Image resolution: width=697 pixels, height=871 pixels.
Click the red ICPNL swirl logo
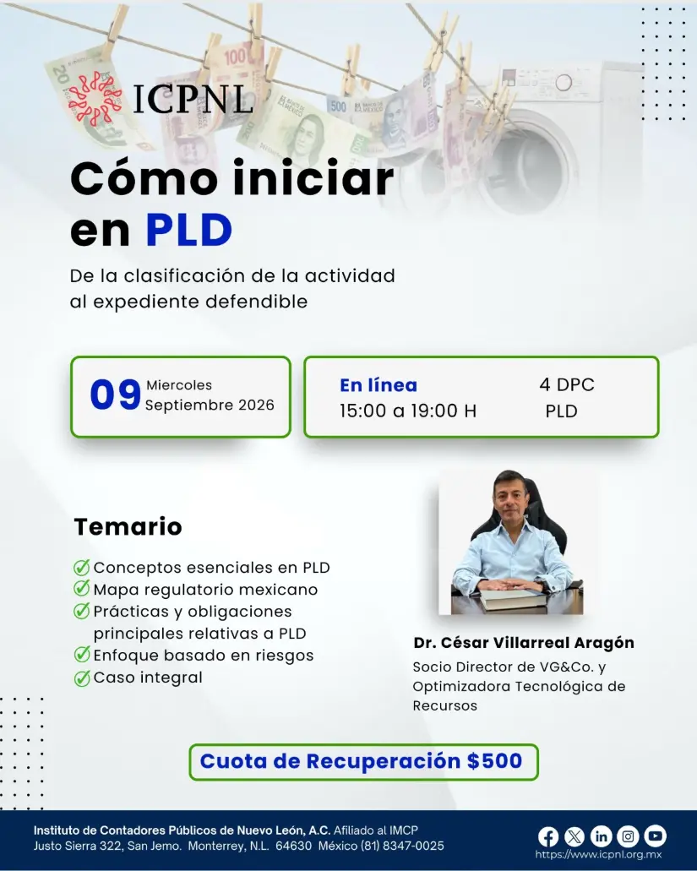click(95, 97)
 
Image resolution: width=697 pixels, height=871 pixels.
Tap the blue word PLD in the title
click(189, 230)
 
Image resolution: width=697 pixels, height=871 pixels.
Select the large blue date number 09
click(116, 395)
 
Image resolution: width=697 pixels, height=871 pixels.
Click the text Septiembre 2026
click(210, 405)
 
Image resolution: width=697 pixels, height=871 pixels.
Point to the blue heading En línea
click(378, 385)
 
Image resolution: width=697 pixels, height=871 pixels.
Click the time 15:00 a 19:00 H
click(408, 411)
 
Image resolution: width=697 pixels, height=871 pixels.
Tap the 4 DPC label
click(567, 384)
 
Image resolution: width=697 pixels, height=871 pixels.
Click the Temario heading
click(128, 526)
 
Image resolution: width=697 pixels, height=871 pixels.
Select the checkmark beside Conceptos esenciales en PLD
click(82, 567)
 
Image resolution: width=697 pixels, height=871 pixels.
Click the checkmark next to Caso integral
click(82, 678)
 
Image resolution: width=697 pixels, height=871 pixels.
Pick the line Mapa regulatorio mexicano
click(205, 590)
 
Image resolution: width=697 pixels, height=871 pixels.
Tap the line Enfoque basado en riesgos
click(204, 656)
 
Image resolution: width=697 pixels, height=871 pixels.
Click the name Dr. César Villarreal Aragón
click(524, 643)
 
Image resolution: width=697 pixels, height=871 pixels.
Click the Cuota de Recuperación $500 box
click(364, 762)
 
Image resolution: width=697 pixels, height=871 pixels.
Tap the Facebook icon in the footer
click(548, 836)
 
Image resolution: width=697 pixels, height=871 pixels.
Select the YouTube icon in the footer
click(656, 836)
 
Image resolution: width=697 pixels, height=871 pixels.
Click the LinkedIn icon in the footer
click(602, 836)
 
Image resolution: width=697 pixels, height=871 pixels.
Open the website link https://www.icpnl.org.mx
click(599, 856)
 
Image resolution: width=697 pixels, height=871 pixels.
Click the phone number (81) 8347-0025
click(403, 846)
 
